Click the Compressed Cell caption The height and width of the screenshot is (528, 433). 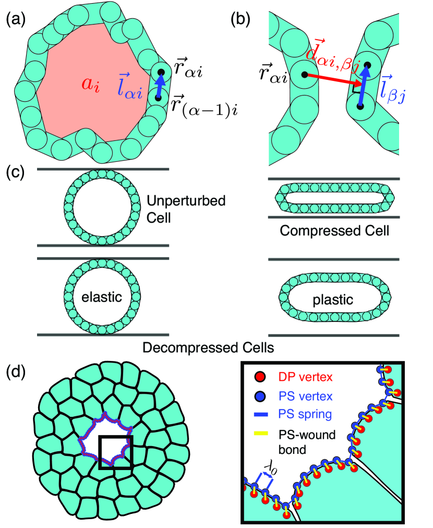click(334, 231)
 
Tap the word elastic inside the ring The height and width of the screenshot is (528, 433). click(102, 297)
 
